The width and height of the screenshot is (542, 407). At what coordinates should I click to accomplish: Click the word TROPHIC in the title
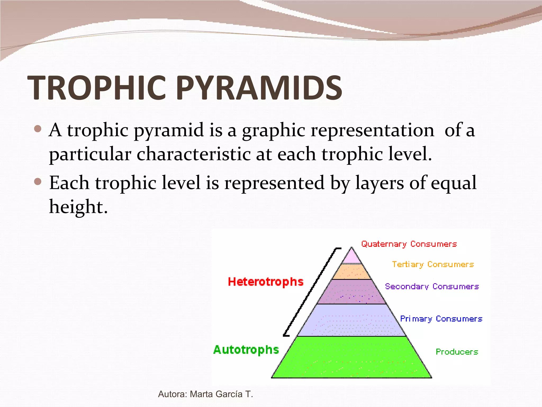click(x=97, y=88)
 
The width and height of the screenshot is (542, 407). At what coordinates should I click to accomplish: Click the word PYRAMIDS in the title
click(x=259, y=88)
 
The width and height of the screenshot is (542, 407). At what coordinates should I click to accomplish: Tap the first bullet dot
click(x=38, y=129)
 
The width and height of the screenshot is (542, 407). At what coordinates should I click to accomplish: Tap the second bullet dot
click(x=38, y=182)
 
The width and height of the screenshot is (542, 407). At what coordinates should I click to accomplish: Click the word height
click(x=78, y=207)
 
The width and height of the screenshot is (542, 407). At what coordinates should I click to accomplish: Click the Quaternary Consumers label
click(x=409, y=244)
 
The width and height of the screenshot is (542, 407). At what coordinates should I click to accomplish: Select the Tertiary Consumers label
click(x=433, y=264)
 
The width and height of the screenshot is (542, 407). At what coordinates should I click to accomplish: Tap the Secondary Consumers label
click(x=432, y=286)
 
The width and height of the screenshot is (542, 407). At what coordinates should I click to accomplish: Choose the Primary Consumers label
click(x=441, y=319)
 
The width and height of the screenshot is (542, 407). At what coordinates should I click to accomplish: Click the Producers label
click(x=457, y=352)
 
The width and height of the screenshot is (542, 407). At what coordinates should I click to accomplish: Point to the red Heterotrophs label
click(x=266, y=282)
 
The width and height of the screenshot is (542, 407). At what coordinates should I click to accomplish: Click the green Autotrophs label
click(x=246, y=350)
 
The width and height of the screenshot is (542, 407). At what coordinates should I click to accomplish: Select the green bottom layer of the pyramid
click(x=351, y=358)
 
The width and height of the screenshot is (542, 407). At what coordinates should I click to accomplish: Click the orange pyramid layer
click(x=351, y=272)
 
